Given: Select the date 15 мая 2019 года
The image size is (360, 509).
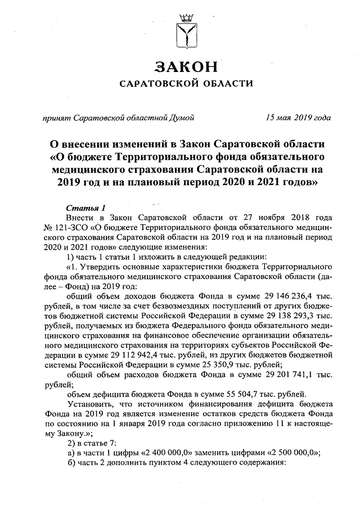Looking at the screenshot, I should (x=298, y=118).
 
